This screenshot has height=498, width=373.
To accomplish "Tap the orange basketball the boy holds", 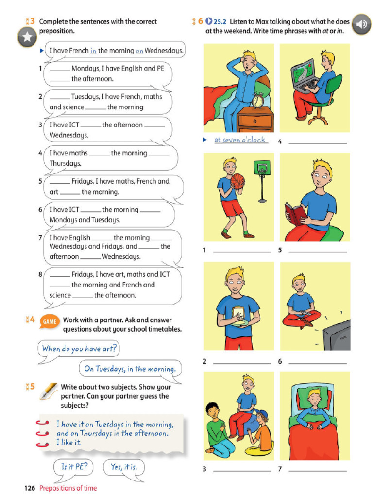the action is pos(237,181).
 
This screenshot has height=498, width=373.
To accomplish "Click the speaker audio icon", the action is pos(362,24).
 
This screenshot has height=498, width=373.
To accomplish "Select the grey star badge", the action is pos(27,37).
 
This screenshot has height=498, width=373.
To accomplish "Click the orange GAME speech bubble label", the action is pos(50,322).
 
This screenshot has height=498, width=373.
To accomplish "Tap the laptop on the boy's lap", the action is pos(304,75).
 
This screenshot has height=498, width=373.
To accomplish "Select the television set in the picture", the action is pos(337,335).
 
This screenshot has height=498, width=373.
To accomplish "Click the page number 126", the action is pos(30,488).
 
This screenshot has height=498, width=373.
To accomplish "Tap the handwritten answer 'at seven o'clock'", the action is pos(240,140).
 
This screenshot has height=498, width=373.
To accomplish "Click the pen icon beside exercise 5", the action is pos(49,391).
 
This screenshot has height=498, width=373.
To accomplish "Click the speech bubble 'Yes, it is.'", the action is pos(124,467).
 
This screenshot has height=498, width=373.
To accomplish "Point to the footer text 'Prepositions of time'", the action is pos(68,488).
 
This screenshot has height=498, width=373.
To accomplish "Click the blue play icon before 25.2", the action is pos(209,21).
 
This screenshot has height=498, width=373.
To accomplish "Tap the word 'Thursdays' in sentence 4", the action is pos(66,163).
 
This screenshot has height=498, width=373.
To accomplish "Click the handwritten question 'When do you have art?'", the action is pos(79,349).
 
